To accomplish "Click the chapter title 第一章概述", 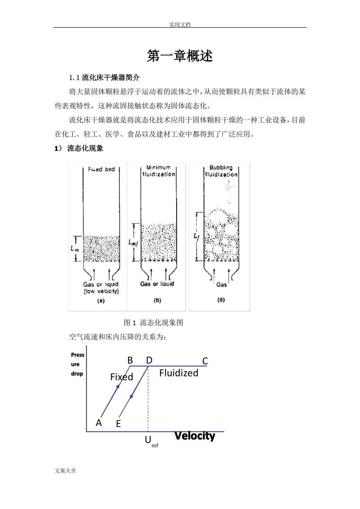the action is point(180,56).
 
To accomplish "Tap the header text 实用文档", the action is point(180,25).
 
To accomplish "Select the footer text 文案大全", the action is point(66,471).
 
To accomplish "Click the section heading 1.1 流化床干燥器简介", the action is point(105,78).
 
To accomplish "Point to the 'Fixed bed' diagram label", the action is point(101,169).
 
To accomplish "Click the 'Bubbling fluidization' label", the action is point(221,171).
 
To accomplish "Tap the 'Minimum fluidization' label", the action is point(158,171).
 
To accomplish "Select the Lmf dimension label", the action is point(133,242).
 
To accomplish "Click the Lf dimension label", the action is point(196,236).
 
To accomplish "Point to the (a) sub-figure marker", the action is point(101,301).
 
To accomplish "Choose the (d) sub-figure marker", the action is point(221,300).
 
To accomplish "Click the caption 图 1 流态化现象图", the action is point(153,323).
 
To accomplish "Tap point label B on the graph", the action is point(130,361).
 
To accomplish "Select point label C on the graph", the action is point(205,361).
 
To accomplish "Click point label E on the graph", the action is point(118,424).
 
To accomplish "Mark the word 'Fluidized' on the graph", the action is point(178,373).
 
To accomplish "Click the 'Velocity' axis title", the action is point(195,436).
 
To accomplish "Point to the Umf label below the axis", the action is point(150,441).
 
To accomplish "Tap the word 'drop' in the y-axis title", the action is point(77,374).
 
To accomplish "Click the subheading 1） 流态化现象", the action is point(79,148).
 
